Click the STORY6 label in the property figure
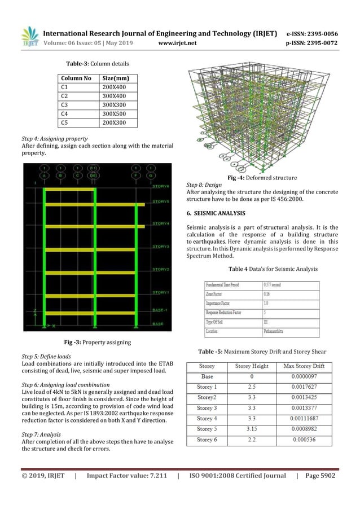(x=161, y=185)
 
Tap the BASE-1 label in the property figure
(x=160, y=310)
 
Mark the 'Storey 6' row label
(x=207, y=439)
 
